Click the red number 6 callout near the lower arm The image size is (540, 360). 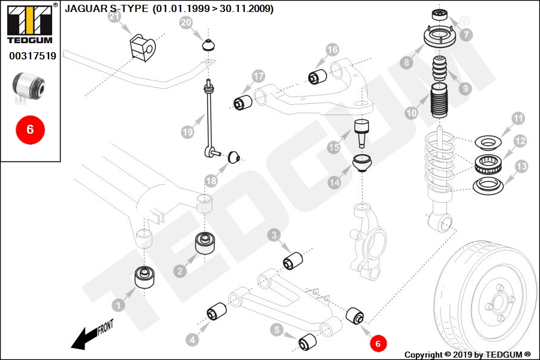pyautogui.click(x=378, y=343)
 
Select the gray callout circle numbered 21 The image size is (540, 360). pyautogui.click(x=115, y=17)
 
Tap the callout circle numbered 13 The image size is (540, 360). pyautogui.click(x=521, y=166)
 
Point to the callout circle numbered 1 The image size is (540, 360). pyautogui.click(x=118, y=305)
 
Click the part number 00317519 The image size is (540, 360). pyautogui.click(x=32, y=56)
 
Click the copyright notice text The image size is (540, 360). pyautogui.click(x=467, y=355)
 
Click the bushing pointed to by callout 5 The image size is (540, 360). pyautogui.click(x=308, y=341)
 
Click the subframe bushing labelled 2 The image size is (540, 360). pyautogui.click(x=206, y=243)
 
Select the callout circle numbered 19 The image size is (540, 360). pyautogui.click(x=187, y=130)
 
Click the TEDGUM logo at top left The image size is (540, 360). pyautogui.click(x=30, y=24)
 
